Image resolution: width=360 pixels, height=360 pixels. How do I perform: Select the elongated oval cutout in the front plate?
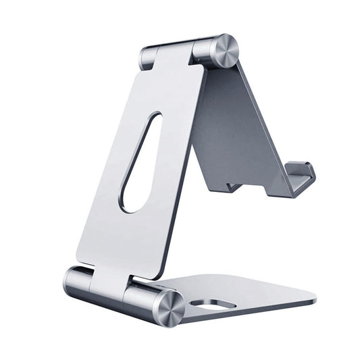[140, 162]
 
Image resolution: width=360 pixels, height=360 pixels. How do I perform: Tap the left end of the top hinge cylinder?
[145, 57]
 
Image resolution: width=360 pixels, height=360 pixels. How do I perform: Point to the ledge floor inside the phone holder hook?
[284, 185]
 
